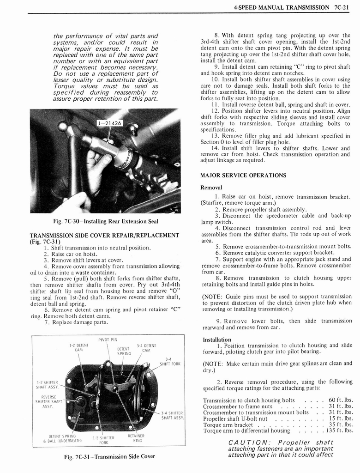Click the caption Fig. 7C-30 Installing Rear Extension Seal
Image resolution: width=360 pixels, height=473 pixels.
105,221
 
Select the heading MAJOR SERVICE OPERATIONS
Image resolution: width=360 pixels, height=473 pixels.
243,176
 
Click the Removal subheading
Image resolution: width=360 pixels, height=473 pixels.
211,188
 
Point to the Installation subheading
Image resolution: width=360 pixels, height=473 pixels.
216,340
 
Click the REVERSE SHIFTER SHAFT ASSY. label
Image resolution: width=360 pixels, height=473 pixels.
48,401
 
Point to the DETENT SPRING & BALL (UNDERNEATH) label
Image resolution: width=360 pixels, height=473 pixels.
62,438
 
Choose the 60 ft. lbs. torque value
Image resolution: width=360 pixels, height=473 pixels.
341,400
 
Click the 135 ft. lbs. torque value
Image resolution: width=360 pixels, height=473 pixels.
339,431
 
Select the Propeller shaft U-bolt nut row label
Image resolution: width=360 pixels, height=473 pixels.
235,418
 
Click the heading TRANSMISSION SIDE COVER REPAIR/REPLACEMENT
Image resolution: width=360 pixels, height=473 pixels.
104,235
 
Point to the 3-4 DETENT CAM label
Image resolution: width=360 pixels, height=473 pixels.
146,348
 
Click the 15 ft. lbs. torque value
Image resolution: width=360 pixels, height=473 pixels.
341,418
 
